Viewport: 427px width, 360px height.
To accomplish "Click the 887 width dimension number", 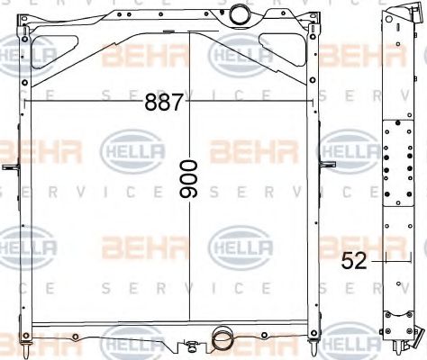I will pos(164,103).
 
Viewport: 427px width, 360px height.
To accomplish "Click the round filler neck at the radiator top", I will pos(240,14).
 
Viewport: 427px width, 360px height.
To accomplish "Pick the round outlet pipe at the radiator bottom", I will pos(222,340).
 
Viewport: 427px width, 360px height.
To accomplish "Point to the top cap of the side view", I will pos(395,13).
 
